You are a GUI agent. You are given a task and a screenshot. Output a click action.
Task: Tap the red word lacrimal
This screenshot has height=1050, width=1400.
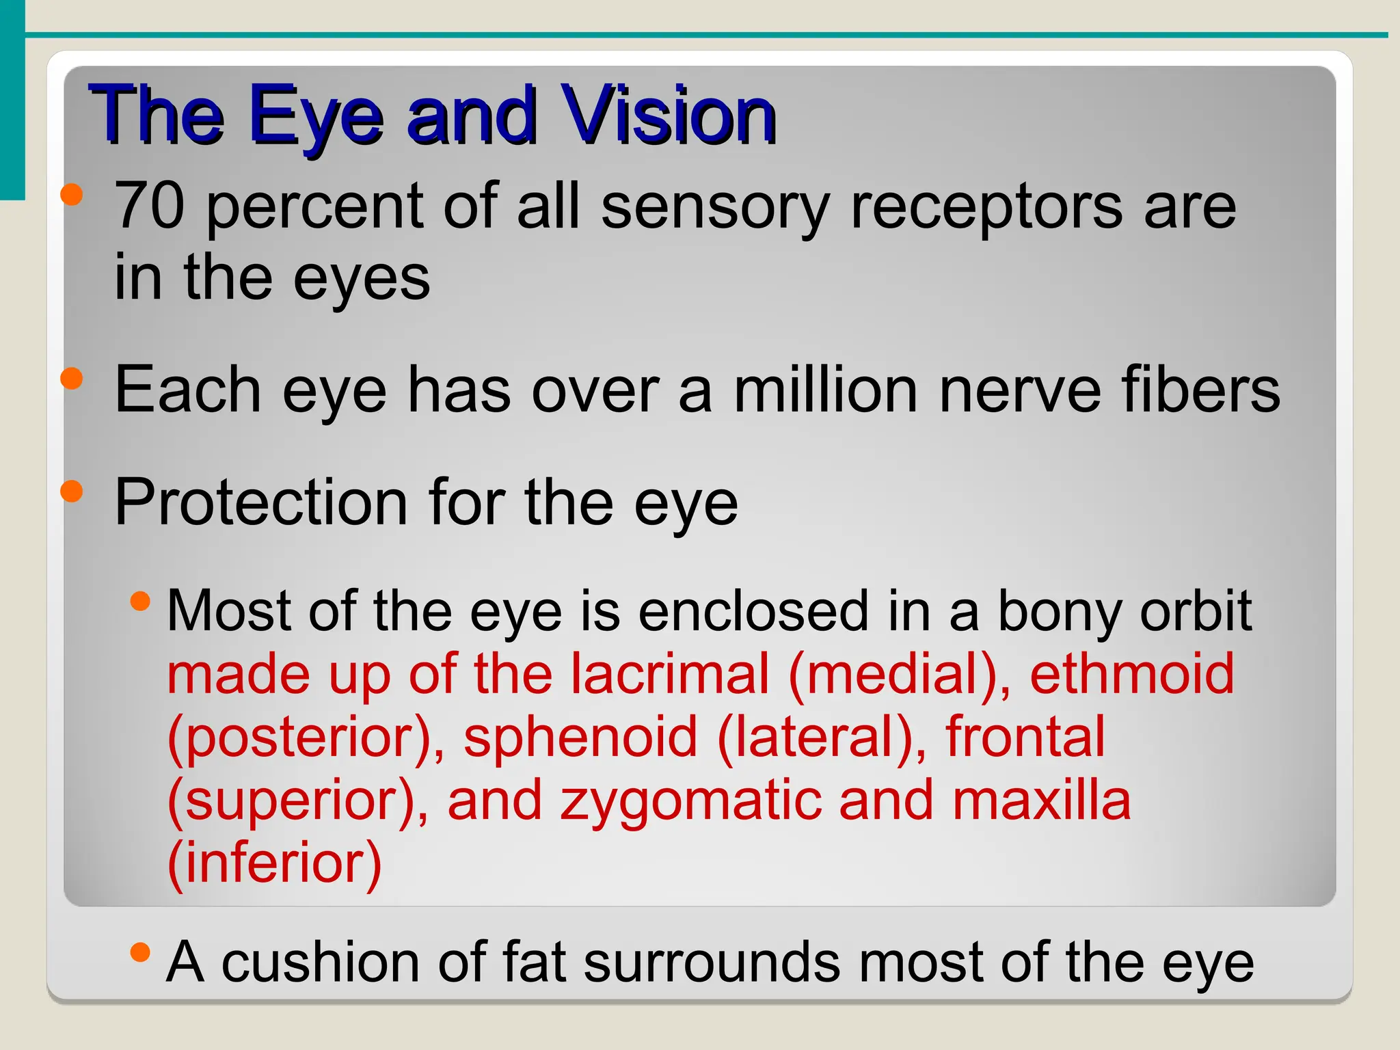point(670,674)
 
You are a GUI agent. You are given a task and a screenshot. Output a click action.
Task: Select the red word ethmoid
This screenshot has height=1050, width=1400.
point(1132,674)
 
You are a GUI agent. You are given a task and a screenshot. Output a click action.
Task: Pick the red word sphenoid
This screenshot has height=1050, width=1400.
point(580,737)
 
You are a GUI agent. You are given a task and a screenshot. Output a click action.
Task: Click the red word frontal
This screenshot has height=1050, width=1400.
point(1025,737)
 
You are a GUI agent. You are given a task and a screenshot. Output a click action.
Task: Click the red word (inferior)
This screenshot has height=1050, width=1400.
point(274,863)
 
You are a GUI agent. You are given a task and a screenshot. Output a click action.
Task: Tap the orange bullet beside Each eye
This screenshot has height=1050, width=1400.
point(72,378)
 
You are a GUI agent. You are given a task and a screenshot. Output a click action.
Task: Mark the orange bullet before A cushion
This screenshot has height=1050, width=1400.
point(140,952)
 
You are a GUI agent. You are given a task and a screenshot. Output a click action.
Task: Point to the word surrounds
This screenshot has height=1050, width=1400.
point(712,962)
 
